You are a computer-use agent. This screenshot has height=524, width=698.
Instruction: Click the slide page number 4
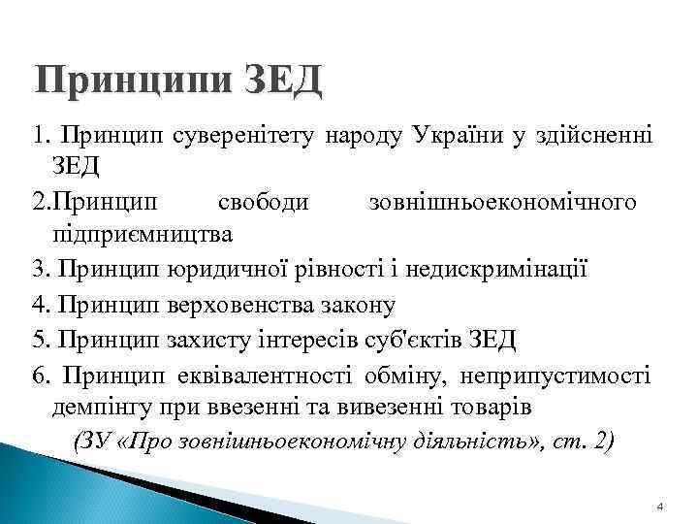pos(660,508)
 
